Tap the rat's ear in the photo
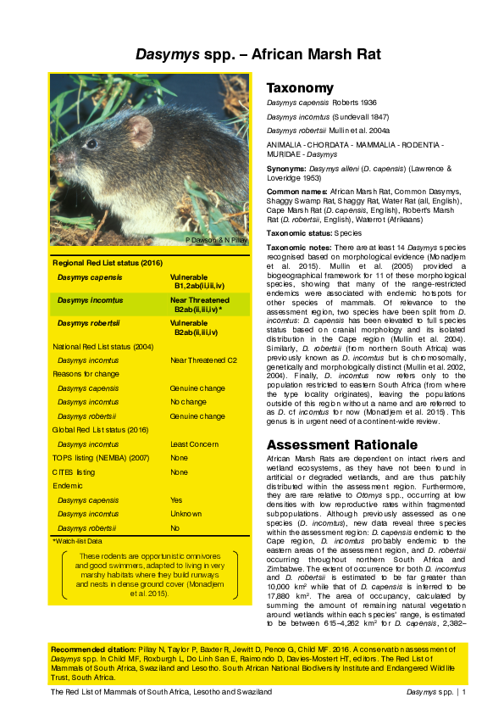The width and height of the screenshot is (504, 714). pyautogui.click(x=140, y=131)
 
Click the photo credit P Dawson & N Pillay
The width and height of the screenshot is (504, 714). pyautogui.click(x=216, y=241)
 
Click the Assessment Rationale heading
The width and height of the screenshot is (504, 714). pyautogui.click(x=330, y=444)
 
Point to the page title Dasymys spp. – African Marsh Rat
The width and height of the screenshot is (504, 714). pyautogui.click(x=259, y=55)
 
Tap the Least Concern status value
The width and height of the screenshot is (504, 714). pyautogui.click(x=194, y=443)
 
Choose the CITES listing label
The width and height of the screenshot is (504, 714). pyautogui.click(x=74, y=471)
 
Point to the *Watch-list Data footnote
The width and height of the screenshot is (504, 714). pyautogui.click(x=77, y=540)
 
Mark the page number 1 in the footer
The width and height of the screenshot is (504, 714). pyautogui.click(x=464, y=693)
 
